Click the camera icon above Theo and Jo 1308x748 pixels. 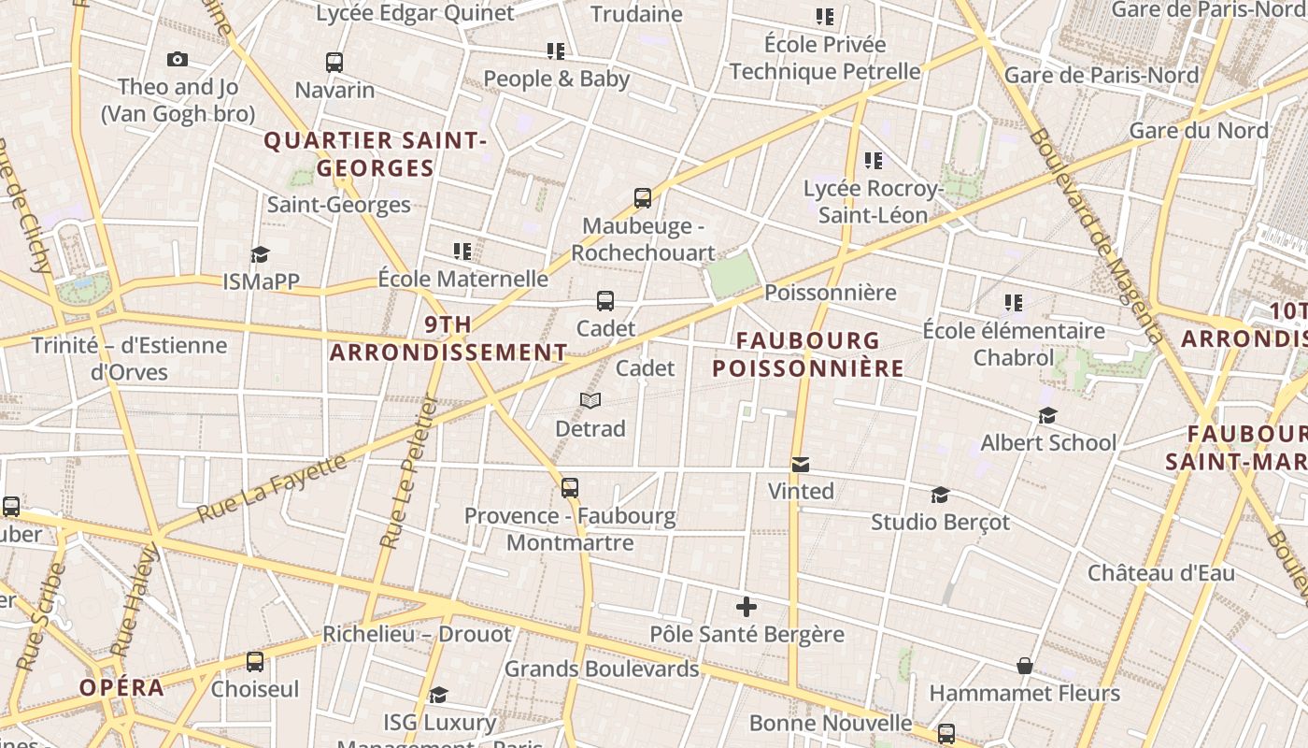click(x=178, y=60)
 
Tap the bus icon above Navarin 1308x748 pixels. click(x=334, y=63)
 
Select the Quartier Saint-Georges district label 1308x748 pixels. click(x=376, y=154)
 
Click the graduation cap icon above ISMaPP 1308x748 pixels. click(x=260, y=254)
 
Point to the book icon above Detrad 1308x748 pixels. click(x=590, y=401)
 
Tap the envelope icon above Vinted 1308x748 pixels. click(x=801, y=464)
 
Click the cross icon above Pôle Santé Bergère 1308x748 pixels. click(x=746, y=607)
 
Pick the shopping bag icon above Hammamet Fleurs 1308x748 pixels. click(x=1025, y=666)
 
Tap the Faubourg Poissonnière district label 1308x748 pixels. click(x=808, y=353)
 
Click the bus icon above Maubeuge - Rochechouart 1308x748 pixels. click(x=643, y=198)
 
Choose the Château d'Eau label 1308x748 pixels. click(x=1160, y=572)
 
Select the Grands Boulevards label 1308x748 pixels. click(x=602, y=669)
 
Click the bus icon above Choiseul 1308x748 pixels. click(x=255, y=662)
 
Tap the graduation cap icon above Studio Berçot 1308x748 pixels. click(x=940, y=495)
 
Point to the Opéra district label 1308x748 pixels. click(x=121, y=688)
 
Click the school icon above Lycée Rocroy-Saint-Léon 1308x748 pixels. click(x=874, y=161)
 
